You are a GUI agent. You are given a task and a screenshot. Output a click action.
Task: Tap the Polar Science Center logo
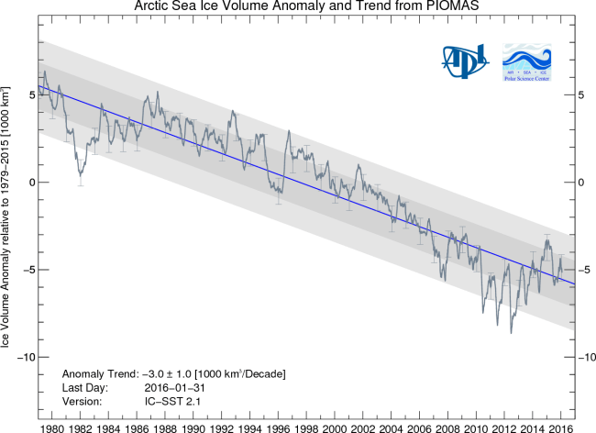(x=525, y=61)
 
